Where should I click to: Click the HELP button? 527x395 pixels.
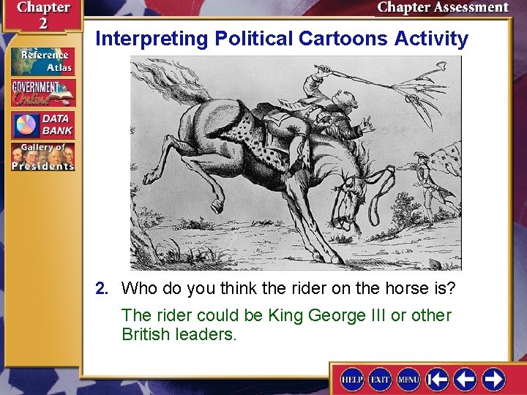(352, 378)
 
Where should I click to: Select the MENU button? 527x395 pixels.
(408, 378)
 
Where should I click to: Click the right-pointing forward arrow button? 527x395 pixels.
(493, 378)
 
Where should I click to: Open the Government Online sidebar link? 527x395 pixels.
(42, 93)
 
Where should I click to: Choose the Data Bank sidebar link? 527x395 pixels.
(42, 124)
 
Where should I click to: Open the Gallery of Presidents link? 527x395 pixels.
(42, 156)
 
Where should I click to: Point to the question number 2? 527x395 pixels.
(102, 289)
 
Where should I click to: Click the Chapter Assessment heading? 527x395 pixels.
(442, 8)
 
